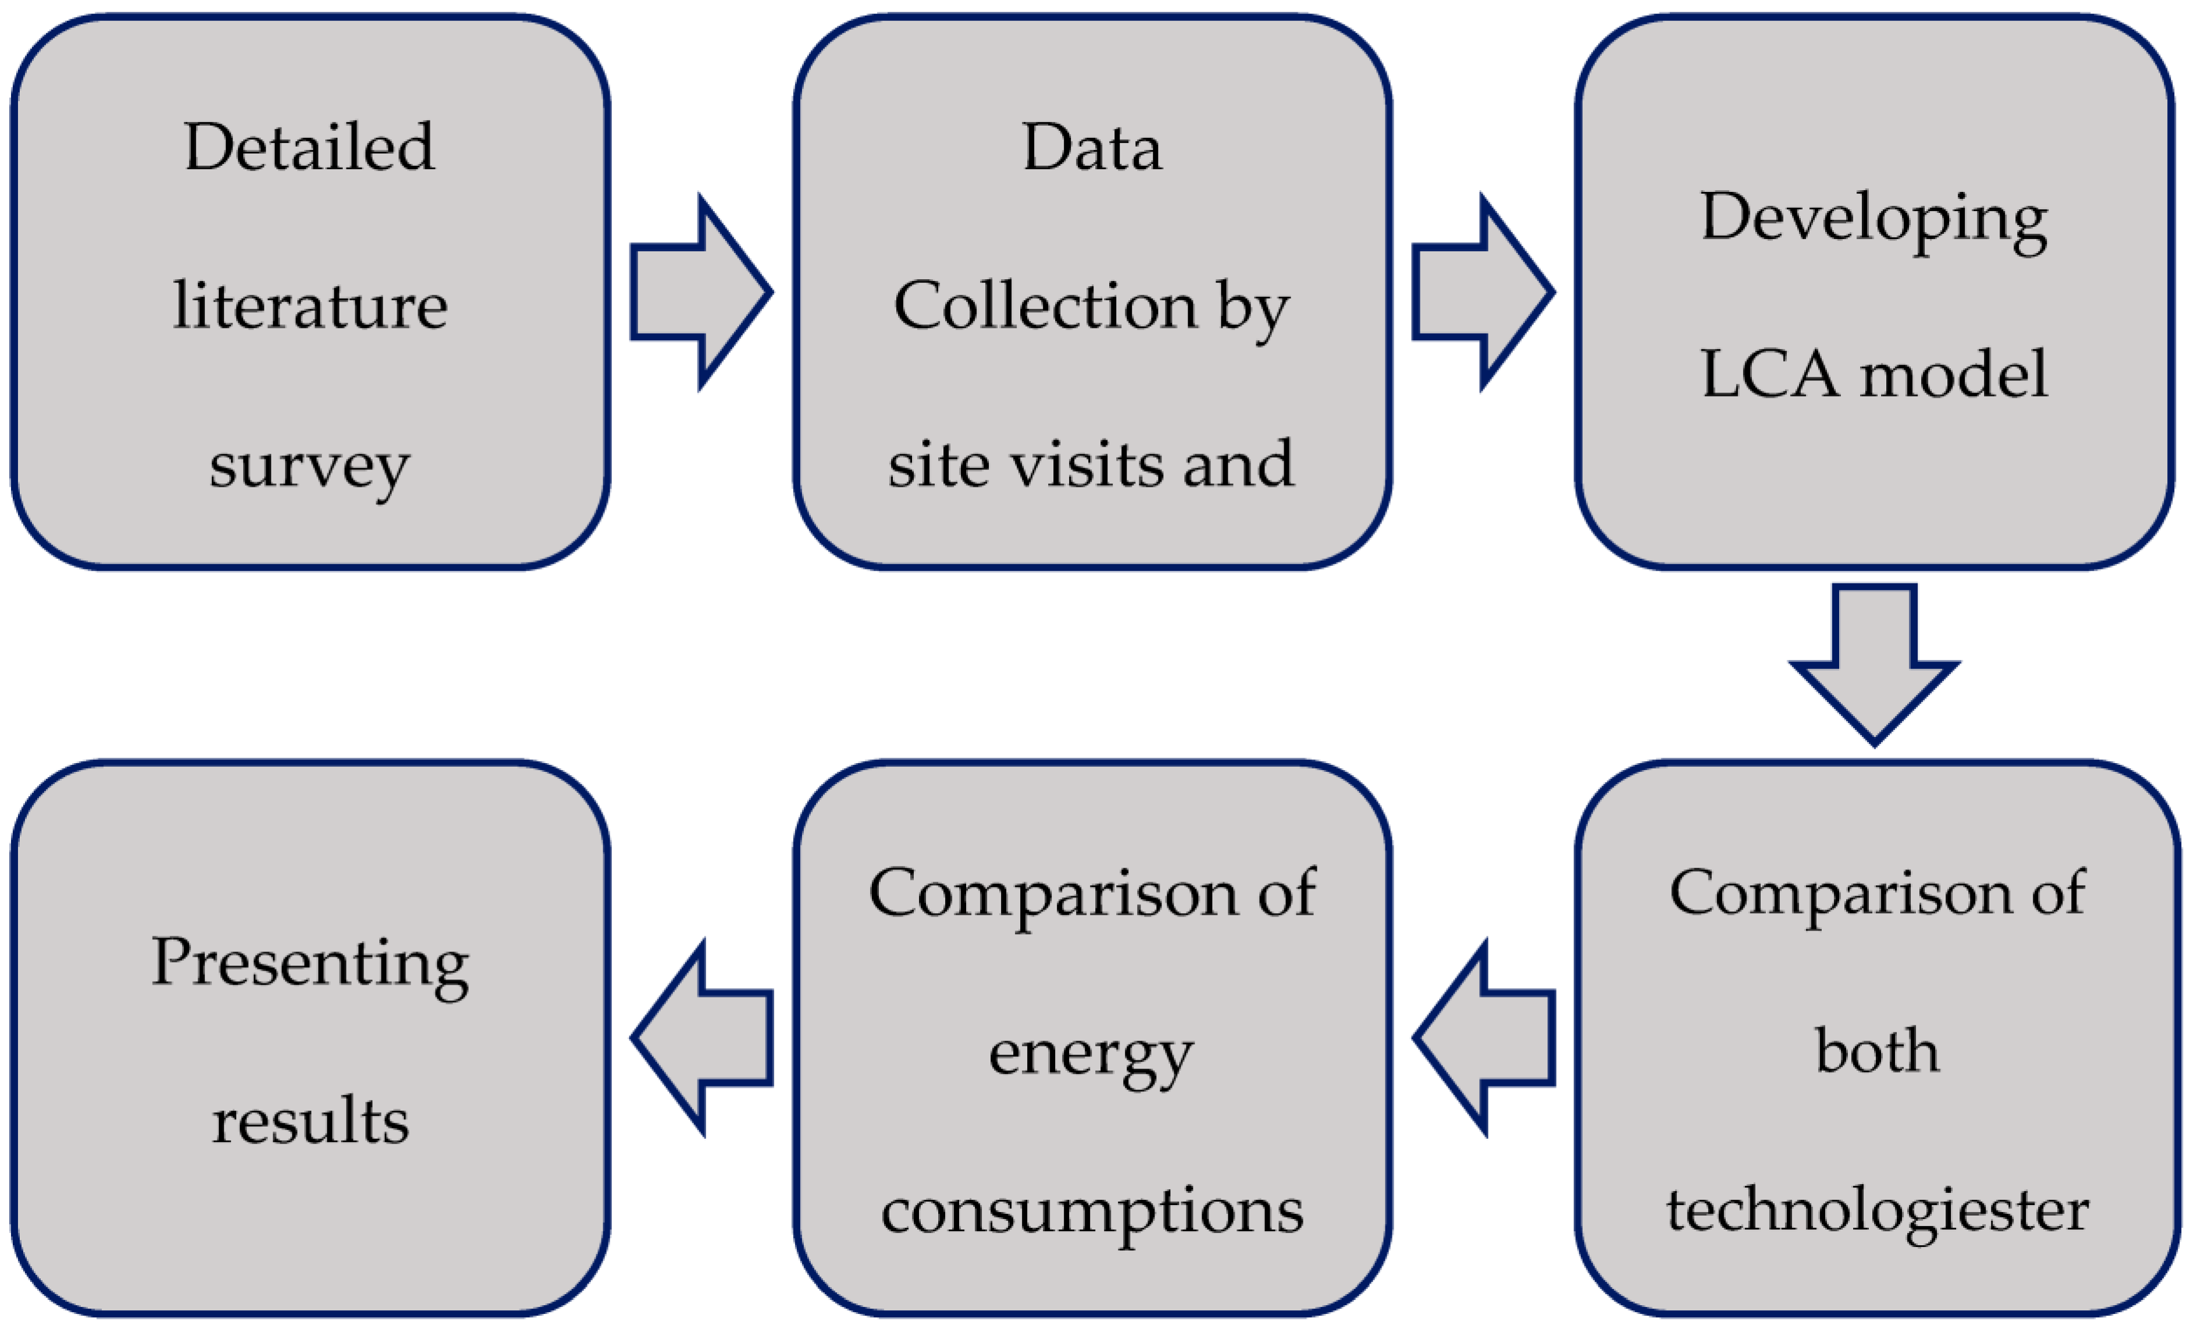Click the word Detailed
[309, 147]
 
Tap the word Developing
[1873, 218]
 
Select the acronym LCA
[1769, 375]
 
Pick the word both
[1876, 1051]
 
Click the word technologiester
[1876, 1211]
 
